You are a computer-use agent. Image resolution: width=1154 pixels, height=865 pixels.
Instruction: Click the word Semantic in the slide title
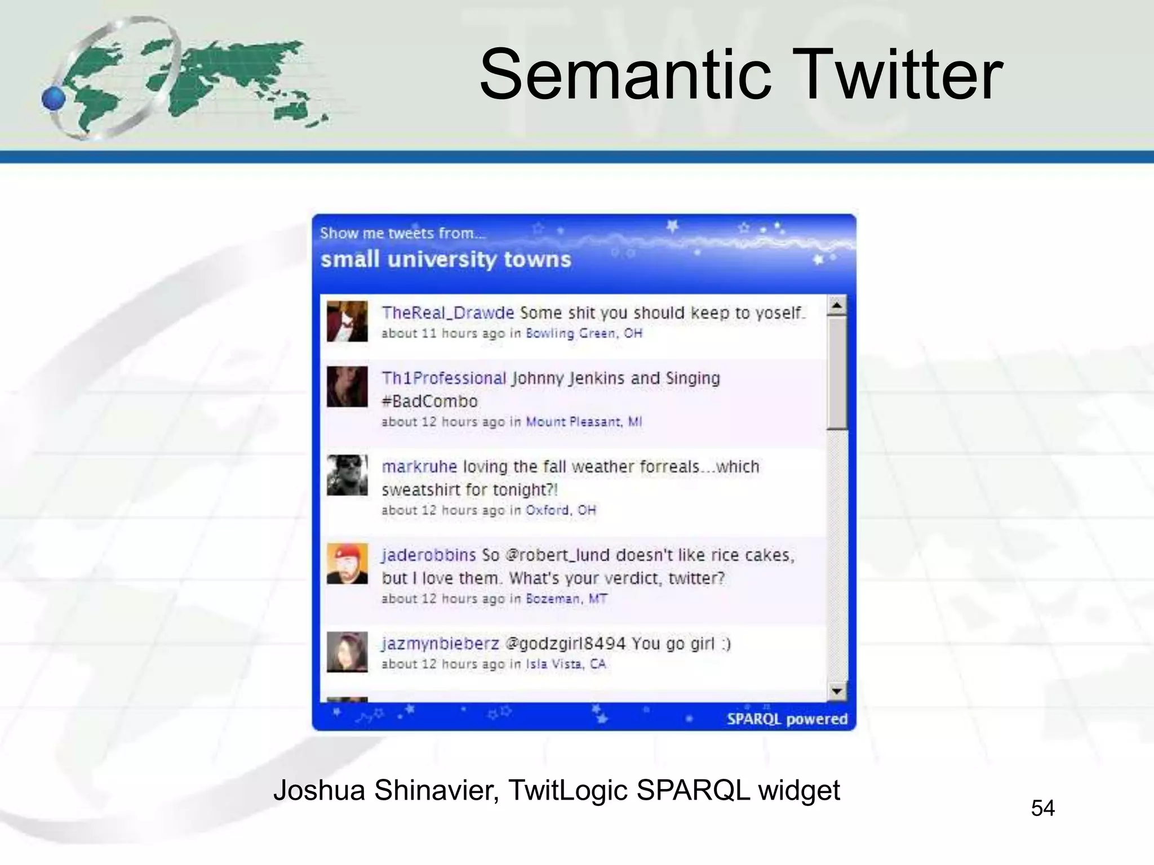click(x=625, y=75)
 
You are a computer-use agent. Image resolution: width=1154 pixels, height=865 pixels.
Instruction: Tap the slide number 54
click(x=1042, y=808)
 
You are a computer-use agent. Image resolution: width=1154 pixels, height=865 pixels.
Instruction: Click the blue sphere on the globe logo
click(x=54, y=99)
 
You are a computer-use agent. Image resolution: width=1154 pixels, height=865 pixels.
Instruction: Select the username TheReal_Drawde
click(x=447, y=313)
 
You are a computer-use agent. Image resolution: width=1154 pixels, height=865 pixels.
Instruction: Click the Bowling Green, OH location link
click(x=584, y=333)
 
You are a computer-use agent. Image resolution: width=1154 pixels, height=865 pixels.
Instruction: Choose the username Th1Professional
click(x=444, y=378)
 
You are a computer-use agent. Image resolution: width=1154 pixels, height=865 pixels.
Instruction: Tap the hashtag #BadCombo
click(x=429, y=402)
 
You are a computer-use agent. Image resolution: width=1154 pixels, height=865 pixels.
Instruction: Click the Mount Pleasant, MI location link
click(x=584, y=422)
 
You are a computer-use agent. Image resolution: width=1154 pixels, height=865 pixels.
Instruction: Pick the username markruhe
click(x=419, y=467)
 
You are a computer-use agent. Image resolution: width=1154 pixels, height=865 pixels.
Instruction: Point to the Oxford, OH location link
click(x=561, y=510)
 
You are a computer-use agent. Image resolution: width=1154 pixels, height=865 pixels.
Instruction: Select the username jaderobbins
click(x=429, y=555)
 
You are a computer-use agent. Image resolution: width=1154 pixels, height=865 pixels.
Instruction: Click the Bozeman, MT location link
click(x=566, y=599)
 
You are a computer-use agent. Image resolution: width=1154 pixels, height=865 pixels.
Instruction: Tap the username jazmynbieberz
click(x=440, y=644)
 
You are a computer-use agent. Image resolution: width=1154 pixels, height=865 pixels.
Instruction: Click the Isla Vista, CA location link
click(x=566, y=664)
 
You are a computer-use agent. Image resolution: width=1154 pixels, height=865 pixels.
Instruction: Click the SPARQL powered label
click(x=787, y=719)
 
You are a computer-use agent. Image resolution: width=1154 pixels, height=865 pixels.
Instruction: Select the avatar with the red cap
click(x=347, y=564)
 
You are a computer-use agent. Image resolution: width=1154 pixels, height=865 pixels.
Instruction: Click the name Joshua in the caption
click(x=319, y=790)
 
